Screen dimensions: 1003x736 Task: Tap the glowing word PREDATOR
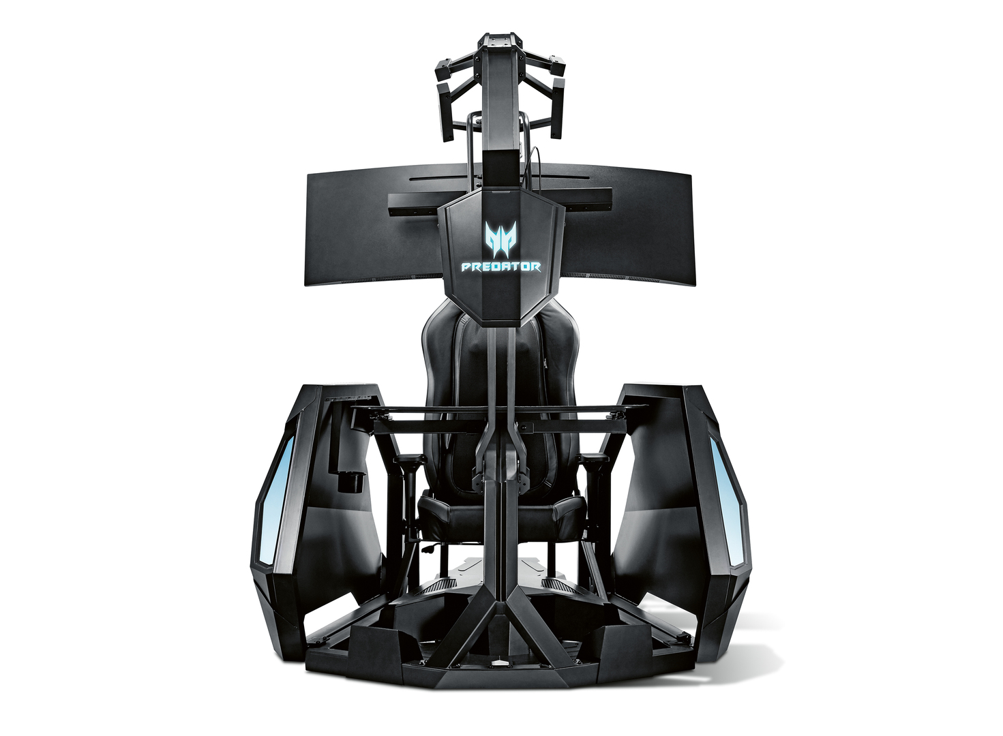[x=501, y=267]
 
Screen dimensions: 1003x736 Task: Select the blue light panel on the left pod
[x=277, y=500]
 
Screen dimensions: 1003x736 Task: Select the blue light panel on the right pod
[x=727, y=501]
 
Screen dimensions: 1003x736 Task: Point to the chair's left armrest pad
[x=409, y=459]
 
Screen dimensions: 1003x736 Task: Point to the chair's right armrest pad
[x=594, y=458]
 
